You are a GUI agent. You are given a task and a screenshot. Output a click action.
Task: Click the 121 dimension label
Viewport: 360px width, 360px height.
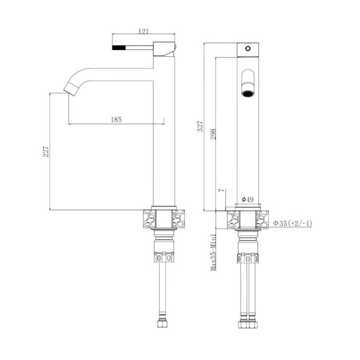tap(144, 32)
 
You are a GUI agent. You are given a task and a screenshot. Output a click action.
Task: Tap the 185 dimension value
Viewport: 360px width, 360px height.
tap(116, 120)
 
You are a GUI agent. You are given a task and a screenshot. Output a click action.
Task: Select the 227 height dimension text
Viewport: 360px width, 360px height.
tap(46, 152)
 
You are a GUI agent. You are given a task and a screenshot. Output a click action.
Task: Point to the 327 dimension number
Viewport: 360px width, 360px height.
tap(201, 126)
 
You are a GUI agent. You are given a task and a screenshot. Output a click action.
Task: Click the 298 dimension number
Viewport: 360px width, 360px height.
tap(213, 134)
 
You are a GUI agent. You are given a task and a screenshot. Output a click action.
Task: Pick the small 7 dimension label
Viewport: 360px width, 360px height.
tap(221, 191)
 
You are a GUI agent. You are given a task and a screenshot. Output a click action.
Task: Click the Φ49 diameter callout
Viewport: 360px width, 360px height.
tap(248, 199)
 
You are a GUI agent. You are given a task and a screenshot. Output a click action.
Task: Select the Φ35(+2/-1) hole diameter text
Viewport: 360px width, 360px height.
tap(292, 223)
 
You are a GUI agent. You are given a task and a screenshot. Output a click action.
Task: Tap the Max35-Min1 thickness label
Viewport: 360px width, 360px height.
tap(214, 252)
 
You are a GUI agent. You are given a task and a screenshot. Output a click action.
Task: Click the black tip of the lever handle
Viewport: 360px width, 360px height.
tap(119, 48)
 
